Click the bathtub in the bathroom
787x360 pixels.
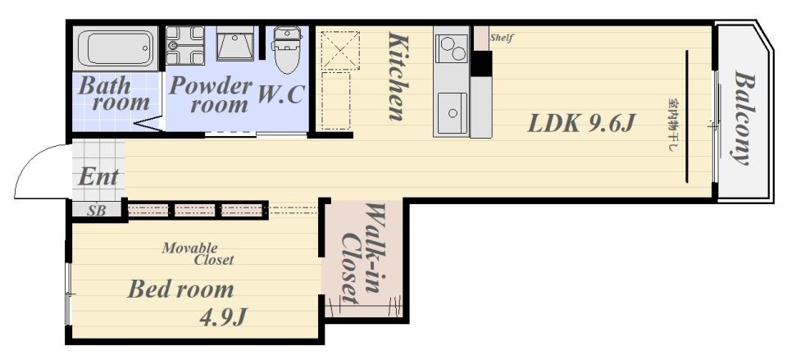click(x=116, y=48)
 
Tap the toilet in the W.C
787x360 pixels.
click(x=287, y=49)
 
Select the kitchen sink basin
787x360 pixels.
click(x=453, y=113)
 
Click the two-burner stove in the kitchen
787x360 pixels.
click(x=452, y=48)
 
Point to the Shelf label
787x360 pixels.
click(x=502, y=38)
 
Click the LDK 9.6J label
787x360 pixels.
click(x=582, y=123)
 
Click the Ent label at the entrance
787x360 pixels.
click(x=98, y=177)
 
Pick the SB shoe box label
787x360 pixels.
click(x=97, y=211)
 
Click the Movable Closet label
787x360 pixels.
click(x=198, y=253)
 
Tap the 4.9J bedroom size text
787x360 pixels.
click(x=224, y=317)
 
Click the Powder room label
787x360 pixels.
click(x=210, y=95)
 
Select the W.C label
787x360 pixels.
click(x=281, y=94)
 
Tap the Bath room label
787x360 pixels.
click(x=114, y=93)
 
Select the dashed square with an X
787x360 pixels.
click(x=340, y=49)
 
